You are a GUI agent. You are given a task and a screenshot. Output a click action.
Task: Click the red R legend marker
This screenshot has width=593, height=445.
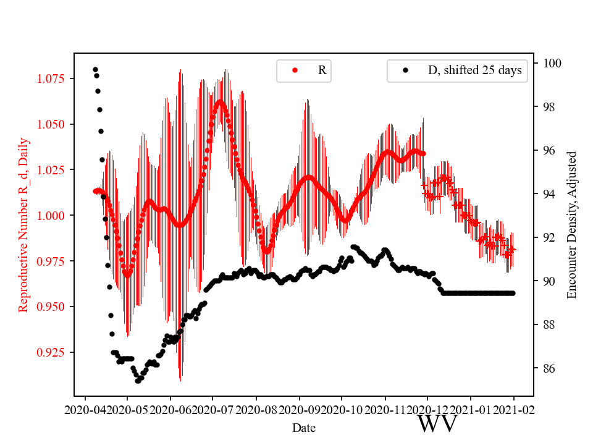coord(295,70)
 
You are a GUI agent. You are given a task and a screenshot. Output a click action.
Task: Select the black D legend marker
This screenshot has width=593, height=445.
coord(405,70)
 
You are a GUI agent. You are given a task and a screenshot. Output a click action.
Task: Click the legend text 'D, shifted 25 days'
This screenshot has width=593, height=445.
coord(474,70)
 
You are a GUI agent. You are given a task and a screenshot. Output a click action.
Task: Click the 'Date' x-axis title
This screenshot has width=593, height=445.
coord(304,428)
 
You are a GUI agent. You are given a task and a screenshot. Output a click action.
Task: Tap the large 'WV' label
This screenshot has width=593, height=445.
coord(437,424)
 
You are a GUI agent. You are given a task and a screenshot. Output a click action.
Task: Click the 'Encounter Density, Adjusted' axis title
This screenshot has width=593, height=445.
coord(571,224)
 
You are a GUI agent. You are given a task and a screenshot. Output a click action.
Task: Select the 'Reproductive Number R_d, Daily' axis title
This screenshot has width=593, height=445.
coord(23,225)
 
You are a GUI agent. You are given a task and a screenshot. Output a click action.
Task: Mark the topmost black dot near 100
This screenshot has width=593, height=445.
coord(95,69)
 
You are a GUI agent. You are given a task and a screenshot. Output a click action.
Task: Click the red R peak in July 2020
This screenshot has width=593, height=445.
coord(220,102)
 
